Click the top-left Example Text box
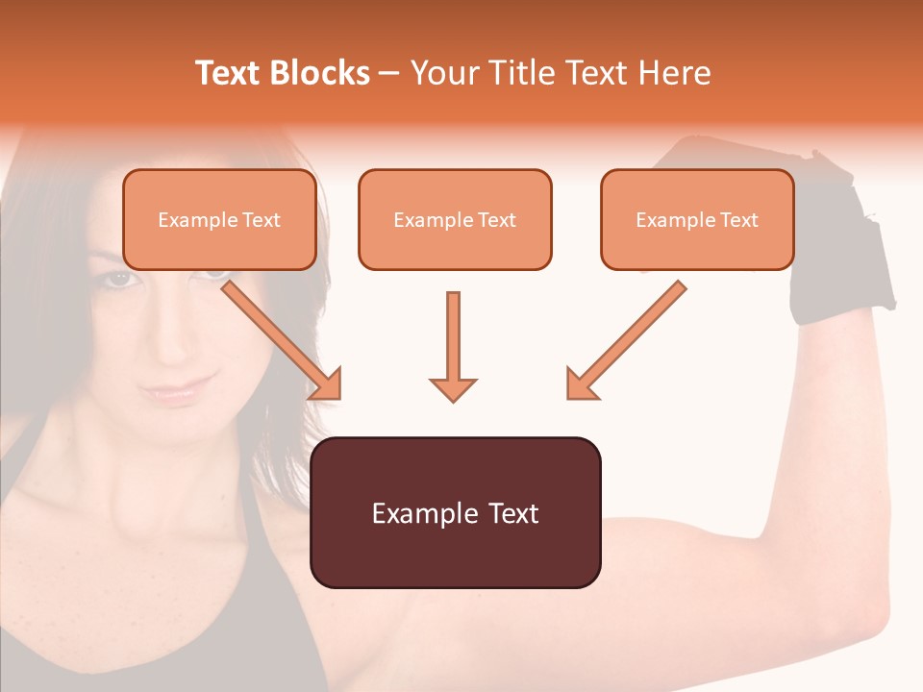click(x=219, y=220)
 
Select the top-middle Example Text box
click(x=455, y=220)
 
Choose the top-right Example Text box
click(x=697, y=220)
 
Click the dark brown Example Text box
click(x=455, y=513)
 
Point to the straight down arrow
click(x=453, y=346)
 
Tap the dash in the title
click(x=389, y=73)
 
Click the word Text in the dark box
click(x=509, y=513)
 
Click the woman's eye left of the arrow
click(x=117, y=279)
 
